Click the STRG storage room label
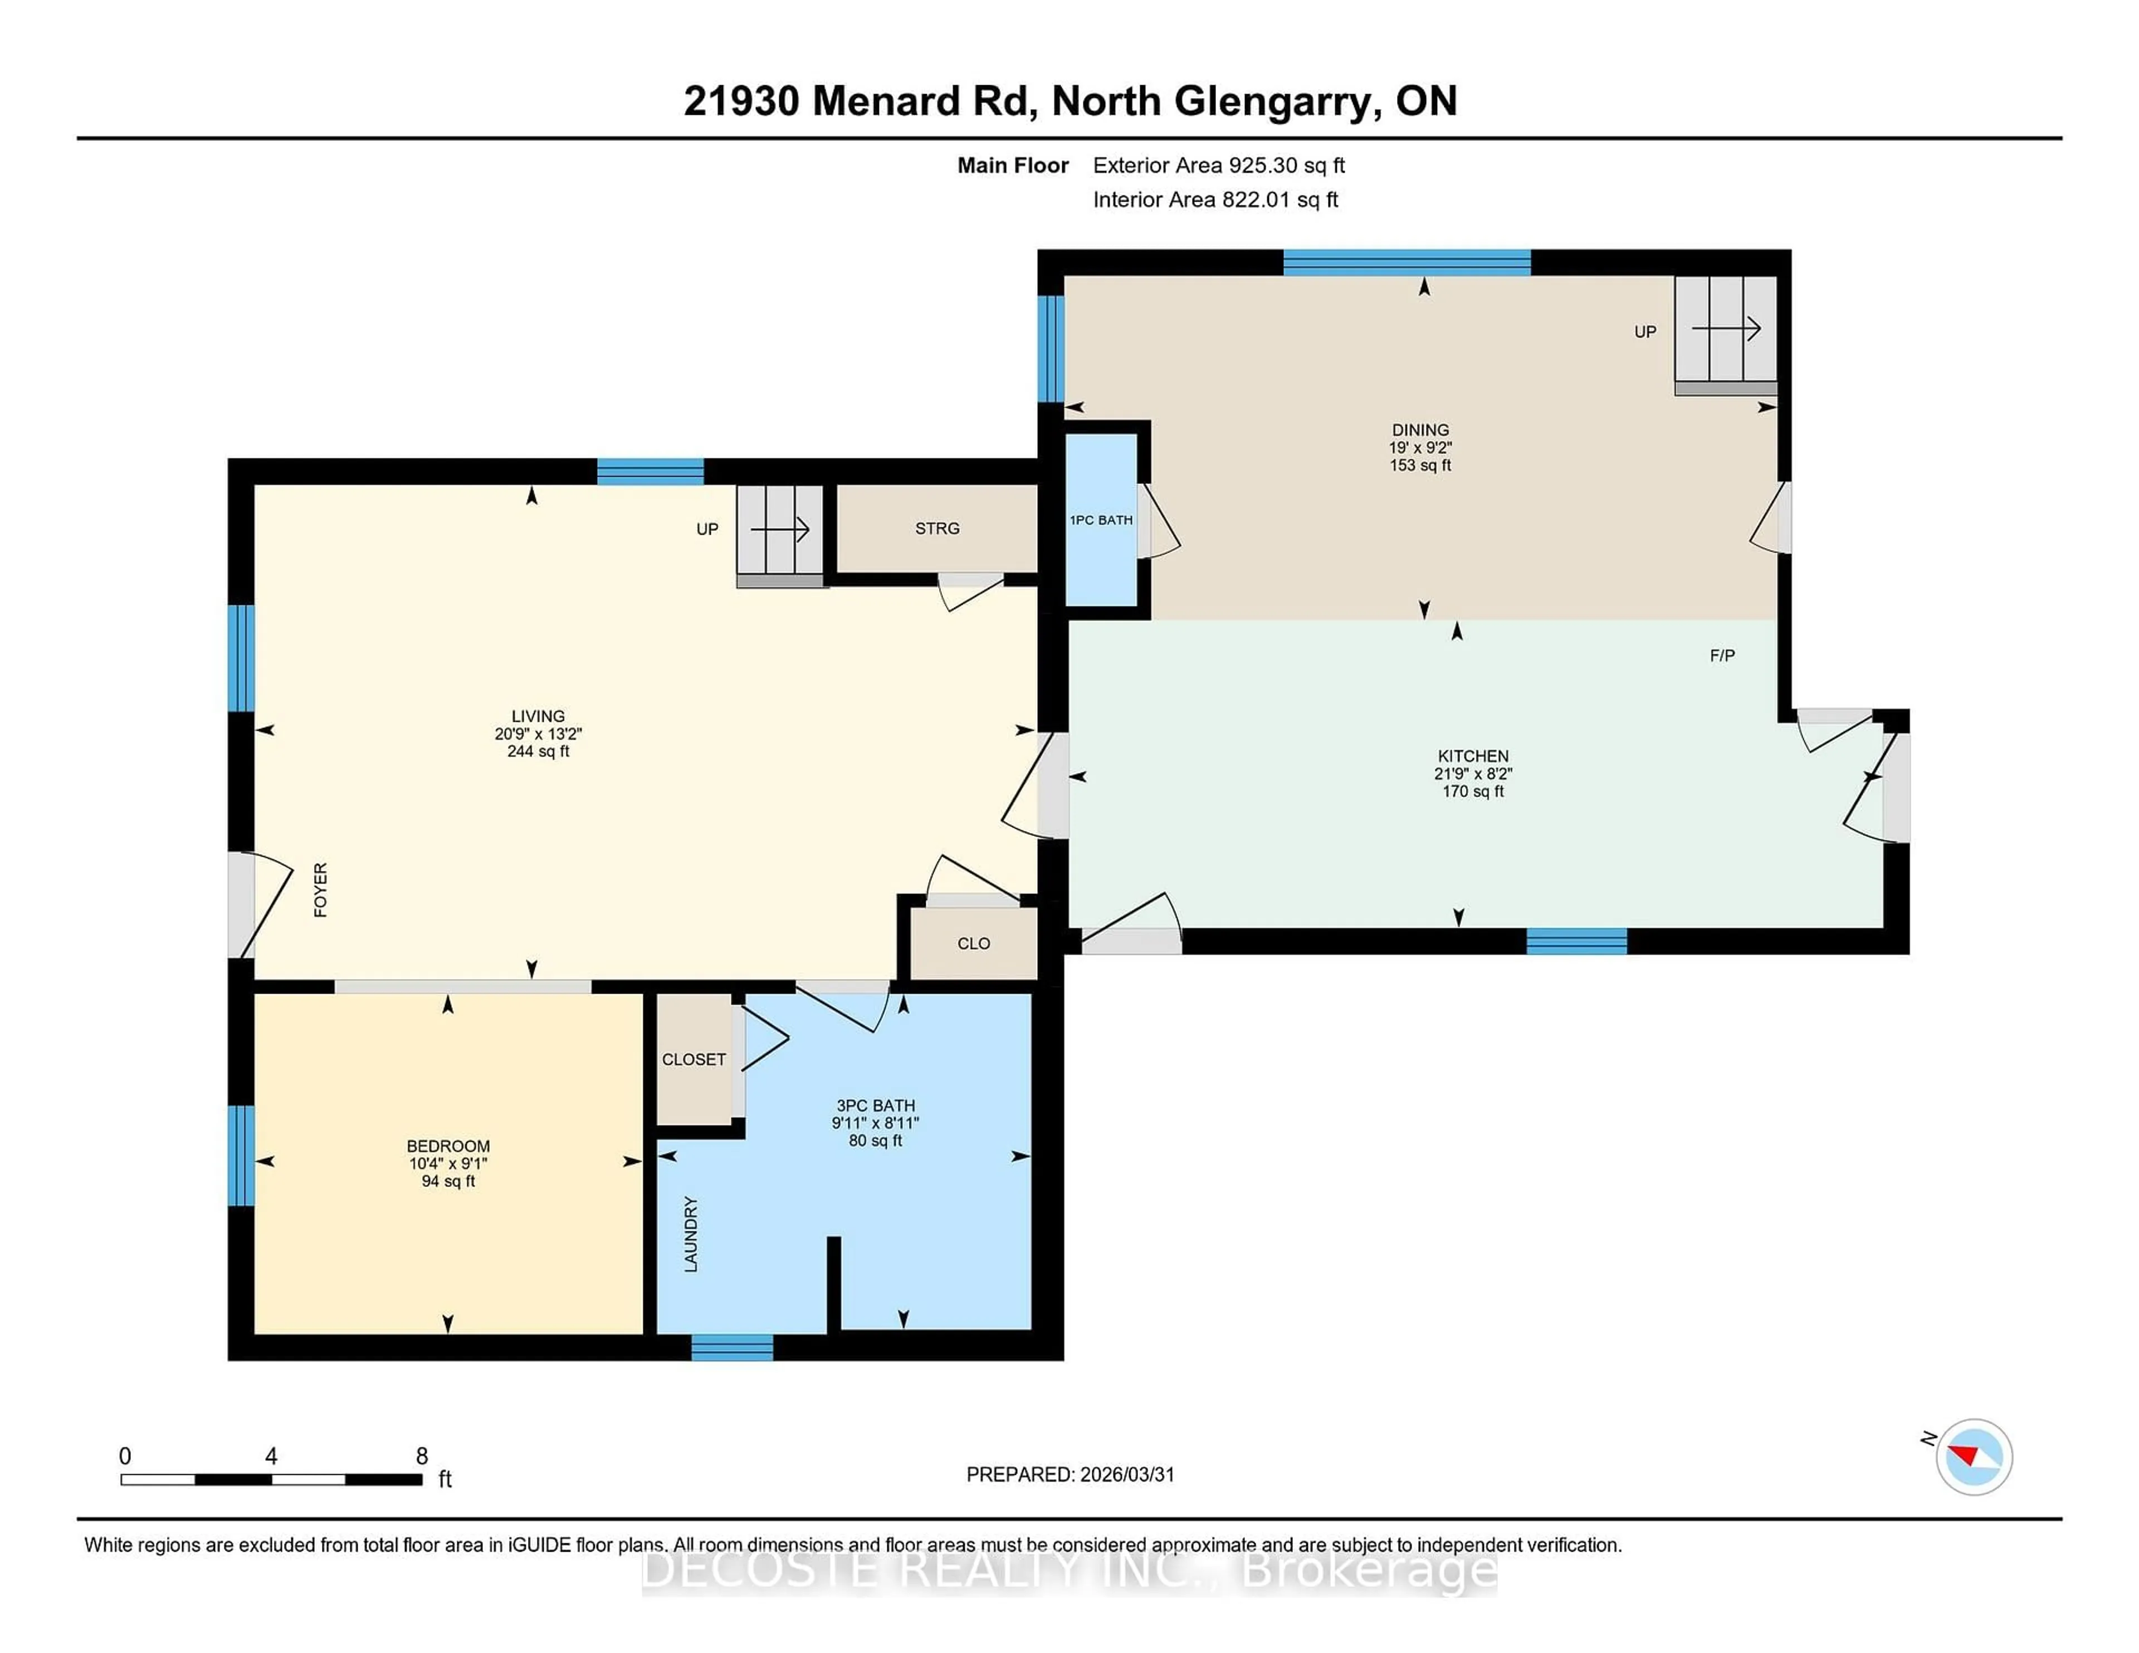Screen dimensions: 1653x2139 (x=936, y=529)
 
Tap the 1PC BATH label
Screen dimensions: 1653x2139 (x=1101, y=520)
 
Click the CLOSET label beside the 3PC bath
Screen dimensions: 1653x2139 (x=694, y=1059)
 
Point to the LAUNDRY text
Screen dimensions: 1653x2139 (x=691, y=1234)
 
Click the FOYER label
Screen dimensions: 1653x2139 (x=320, y=889)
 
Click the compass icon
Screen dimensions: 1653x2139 (x=1974, y=1456)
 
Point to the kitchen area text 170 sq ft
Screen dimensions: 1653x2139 (x=1472, y=791)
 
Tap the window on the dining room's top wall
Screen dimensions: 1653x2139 (x=1407, y=262)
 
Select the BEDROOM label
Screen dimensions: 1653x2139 (x=448, y=1146)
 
